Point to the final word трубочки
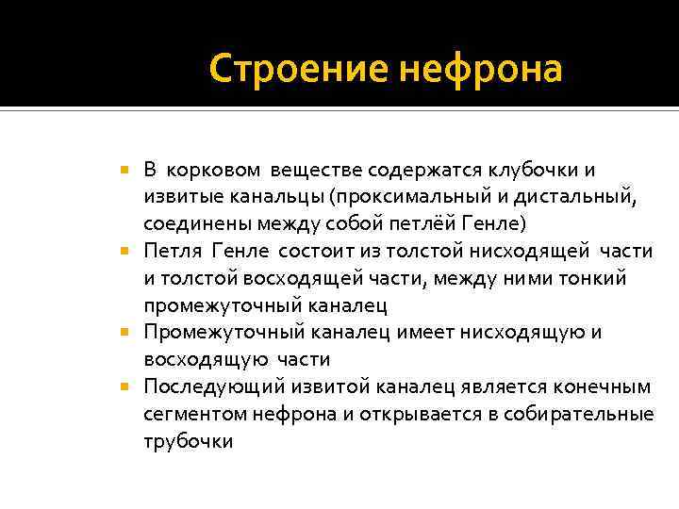[x=188, y=441]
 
